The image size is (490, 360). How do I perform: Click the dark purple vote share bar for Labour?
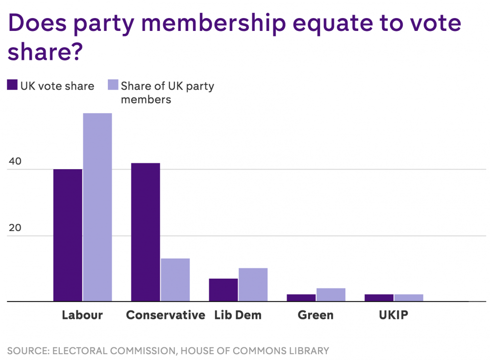pos(68,235)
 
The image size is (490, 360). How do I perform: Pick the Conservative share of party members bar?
pos(175,280)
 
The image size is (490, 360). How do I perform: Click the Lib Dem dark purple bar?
pos(223,290)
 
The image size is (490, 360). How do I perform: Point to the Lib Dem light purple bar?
pos(253,284)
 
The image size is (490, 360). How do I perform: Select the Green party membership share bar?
pos(331,295)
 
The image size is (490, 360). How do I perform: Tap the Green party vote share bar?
pos(301,298)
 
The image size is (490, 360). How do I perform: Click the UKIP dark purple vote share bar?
pos(379,298)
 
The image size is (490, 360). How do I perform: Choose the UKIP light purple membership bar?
pos(408,298)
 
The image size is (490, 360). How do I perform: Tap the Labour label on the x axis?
pos(82,315)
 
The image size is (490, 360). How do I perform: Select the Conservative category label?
pos(166,315)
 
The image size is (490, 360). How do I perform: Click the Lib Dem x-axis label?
pos(238,315)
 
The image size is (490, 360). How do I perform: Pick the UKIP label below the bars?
pos(393,315)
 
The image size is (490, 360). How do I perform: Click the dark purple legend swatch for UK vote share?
pos(12,85)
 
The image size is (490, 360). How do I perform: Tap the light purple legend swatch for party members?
pos(113,85)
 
